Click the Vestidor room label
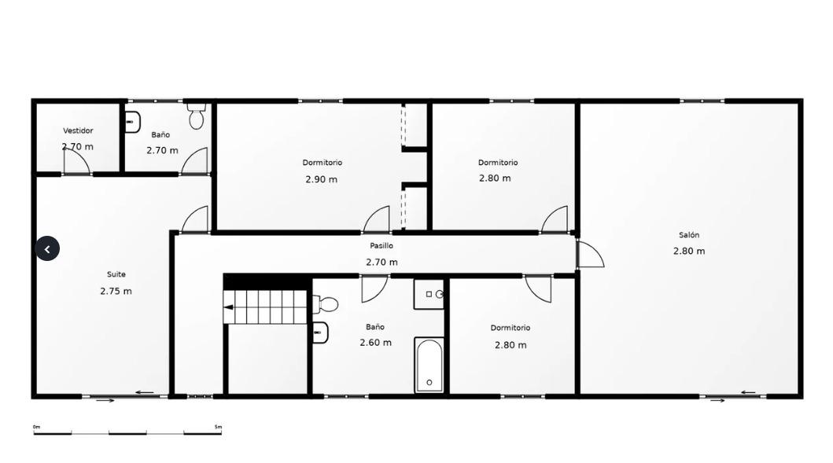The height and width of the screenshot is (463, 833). pyautogui.click(x=78, y=130)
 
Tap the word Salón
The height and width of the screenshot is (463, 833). pyautogui.click(x=689, y=235)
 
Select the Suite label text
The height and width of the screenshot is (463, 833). pyautogui.click(x=116, y=274)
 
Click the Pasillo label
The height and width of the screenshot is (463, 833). pyautogui.click(x=381, y=246)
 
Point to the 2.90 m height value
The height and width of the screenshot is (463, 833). pyautogui.click(x=322, y=179)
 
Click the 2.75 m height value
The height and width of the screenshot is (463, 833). pyautogui.click(x=116, y=291)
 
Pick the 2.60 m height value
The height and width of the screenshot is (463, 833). pyautogui.click(x=375, y=343)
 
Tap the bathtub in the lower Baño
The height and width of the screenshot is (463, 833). pyautogui.click(x=429, y=365)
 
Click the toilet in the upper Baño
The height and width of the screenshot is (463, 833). pyautogui.click(x=197, y=116)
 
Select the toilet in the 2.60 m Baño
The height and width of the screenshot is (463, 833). pyautogui.click(x=326, y=304)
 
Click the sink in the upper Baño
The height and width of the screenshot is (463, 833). pyautogui.click(x=133, y=122)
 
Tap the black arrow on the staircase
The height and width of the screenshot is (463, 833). pyautogui.click(x=228, y=307)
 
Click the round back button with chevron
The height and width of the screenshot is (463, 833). pyautogui.click(x=47, y=248)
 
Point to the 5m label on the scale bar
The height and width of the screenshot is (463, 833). pyautogui.click(x=218, y=427)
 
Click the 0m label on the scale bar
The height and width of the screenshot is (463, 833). pyautogui.click(x=37, y=427)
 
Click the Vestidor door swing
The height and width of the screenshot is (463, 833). pyautogui.click(x=77, y=160)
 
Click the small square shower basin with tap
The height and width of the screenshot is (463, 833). pyautogui.click(x=429, y=294)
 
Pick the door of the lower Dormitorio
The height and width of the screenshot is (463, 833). pyautogui.click(x=538, y=288)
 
